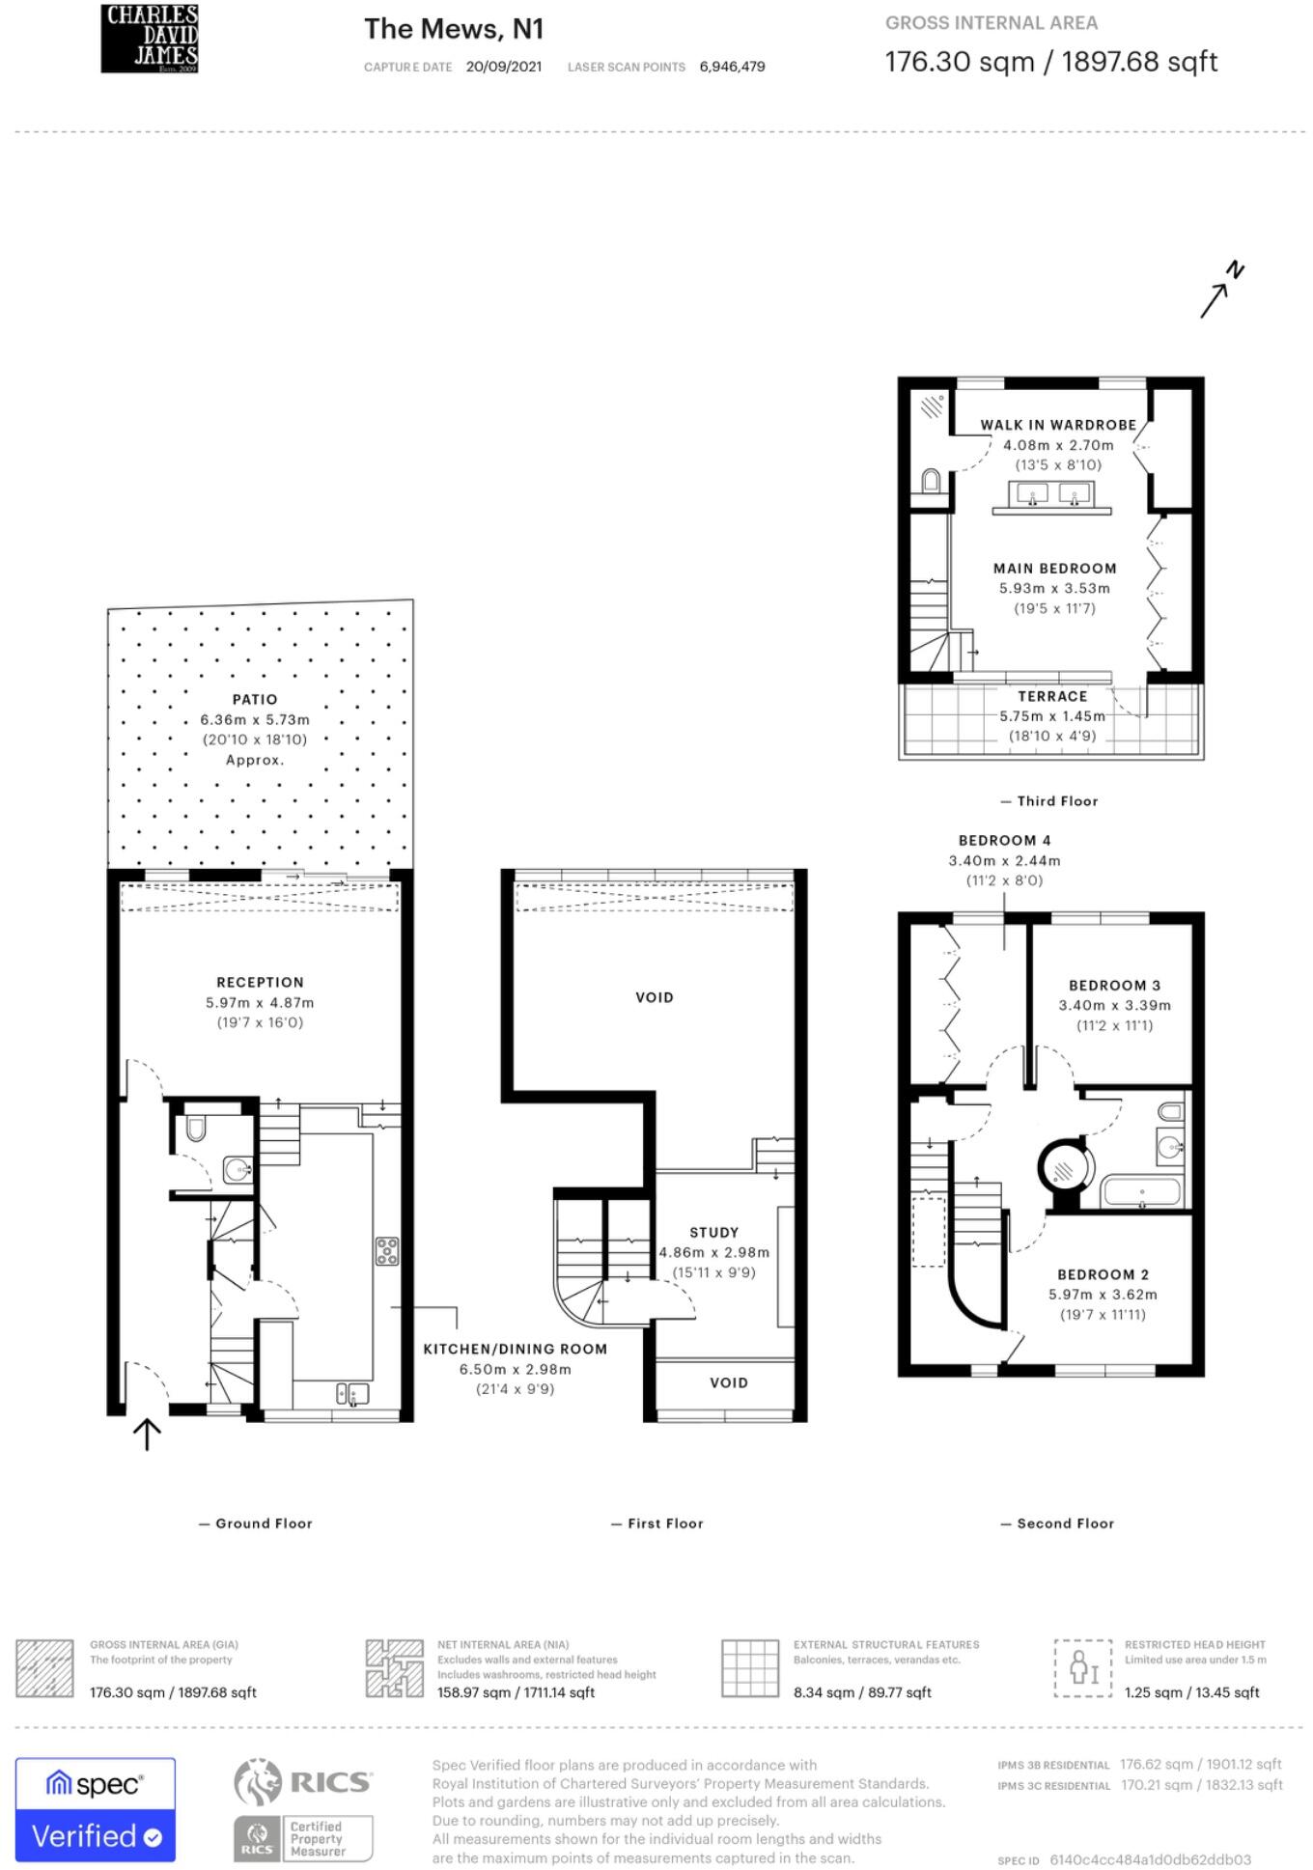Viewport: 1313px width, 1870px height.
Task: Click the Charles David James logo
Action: click(150, 39)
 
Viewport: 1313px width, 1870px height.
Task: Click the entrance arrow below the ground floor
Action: click(146, 1434)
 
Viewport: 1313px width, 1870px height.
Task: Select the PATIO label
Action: click(255, 699)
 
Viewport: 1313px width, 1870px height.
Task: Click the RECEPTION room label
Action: click(260, 982)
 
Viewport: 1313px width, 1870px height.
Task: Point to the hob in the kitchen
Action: click(387, 1250)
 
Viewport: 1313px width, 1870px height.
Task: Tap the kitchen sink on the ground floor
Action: click(352, 1394)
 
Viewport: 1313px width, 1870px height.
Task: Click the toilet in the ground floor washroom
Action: click(196, 1128)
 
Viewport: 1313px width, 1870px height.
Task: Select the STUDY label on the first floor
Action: click(714, 1232)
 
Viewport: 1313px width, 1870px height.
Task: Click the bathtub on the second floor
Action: click(1142, 1191)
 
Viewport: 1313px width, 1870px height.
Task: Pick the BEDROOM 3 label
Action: click(1115, 985)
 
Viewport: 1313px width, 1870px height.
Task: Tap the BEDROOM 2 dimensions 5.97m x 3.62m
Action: click(1103, 1295)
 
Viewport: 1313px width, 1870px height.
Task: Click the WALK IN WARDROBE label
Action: click(1058, 425)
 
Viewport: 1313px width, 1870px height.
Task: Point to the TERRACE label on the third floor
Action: click(1052, 696)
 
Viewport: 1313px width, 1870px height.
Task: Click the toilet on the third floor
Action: click(931, 480)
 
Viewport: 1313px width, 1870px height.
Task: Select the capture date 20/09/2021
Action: click(504, 67)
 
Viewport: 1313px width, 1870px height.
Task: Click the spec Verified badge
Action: click(96, 1809)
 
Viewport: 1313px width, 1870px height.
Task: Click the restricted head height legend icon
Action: click(1083, 1667)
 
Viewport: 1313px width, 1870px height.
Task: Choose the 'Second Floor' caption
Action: click(1057, 1523)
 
